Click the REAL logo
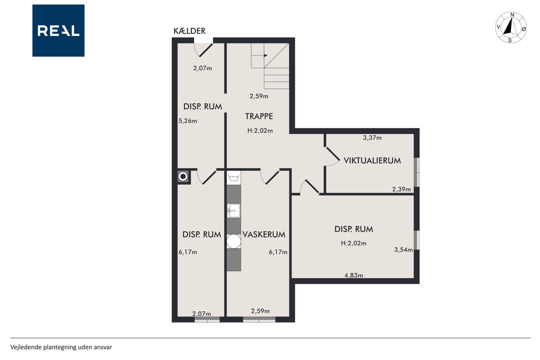pos(58,31)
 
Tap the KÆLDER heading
pos(189,31)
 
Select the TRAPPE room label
pos(259,116)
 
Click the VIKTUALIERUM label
pos(372,161)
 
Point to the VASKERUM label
pos(264,234)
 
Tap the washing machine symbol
pos(234,178)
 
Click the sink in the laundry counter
pos(234,211)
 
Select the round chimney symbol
pos(183,176)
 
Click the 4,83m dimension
pos(354,275)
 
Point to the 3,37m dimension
pos(372,138)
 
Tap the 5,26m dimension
pos(188,121)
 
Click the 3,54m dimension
pos(403,250)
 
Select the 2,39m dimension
pos(401,189)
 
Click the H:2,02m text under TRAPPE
pos(260,131)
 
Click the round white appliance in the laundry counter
pos(234,241)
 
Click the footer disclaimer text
pos(61,347)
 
